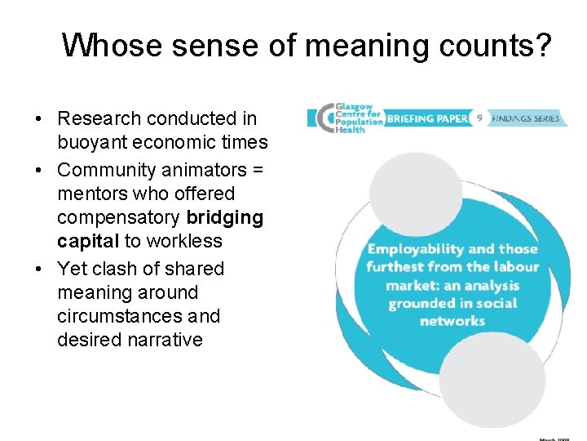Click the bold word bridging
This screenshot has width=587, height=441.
pyautogui.click(x=225, y=217)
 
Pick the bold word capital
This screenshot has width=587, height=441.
pyautogui.click(x=88, y=241)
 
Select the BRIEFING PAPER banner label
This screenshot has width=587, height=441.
pyautogui.click(x=427, y=118)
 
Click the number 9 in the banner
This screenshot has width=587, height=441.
pyautogui.click(x=480, y=118)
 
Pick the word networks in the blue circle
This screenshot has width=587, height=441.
pyautogui.click(x=452, y=321)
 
